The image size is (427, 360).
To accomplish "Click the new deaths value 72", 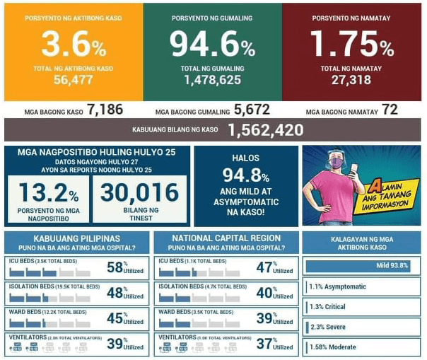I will tap(390, 110).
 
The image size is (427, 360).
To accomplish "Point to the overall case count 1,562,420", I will tap(266, 130).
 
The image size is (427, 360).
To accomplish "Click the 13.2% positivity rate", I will tap(49, 192).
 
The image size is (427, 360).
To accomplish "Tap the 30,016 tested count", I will tap(139, 192).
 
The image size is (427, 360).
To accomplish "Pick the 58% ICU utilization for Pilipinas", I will tap(115, 267).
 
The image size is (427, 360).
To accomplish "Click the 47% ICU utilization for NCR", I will tap(264, 267).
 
